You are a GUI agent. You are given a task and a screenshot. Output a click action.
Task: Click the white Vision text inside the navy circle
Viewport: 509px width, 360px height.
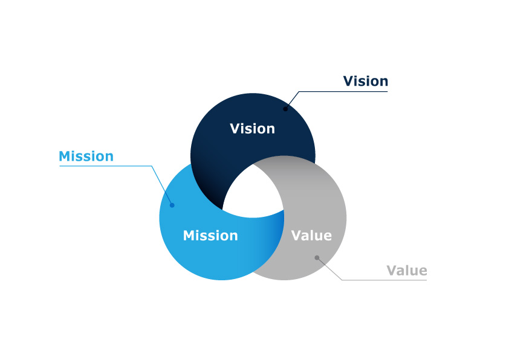[252, 129]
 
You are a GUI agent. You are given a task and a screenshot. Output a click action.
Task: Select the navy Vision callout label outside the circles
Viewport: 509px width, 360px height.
[366, 81]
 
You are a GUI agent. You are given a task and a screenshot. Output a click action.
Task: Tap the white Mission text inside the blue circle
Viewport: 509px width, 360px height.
[210, 236]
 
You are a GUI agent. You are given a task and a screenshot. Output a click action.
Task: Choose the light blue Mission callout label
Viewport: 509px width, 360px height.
[86, 156]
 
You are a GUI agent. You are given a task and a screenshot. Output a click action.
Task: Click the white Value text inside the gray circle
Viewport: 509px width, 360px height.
[311, 236]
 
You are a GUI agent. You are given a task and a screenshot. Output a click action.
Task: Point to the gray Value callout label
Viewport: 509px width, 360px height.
[407, 271]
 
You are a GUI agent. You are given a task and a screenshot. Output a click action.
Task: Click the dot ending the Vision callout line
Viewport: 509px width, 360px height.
[285, 109]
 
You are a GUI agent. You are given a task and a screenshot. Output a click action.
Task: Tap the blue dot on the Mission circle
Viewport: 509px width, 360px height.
[172, 205]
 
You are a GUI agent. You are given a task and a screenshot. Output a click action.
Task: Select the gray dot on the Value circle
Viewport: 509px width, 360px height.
[317, 258]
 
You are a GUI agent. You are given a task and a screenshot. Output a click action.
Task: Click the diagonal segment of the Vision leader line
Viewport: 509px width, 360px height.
[292, 100]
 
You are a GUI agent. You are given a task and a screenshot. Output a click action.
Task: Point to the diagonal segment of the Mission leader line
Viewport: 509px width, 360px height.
[162, 185]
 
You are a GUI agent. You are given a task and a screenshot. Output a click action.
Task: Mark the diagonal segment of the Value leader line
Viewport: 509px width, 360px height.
[329, 269]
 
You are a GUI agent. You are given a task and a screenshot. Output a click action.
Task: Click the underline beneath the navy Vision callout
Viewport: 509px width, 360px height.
[343, 91]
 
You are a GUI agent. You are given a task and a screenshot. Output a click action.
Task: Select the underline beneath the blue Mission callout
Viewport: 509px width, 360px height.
[106, 166]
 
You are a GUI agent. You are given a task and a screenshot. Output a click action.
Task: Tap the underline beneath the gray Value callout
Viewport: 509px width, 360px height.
[384, 280]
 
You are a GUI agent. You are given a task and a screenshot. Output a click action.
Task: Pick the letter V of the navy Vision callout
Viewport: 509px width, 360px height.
[349, 81]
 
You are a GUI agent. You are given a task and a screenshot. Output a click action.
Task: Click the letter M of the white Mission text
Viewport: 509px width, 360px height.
[189, 236]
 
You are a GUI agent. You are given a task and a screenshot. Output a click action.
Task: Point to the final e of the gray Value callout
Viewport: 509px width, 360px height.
[423, 271]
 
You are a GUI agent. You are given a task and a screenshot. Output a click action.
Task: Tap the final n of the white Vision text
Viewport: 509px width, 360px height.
[271, 130]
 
